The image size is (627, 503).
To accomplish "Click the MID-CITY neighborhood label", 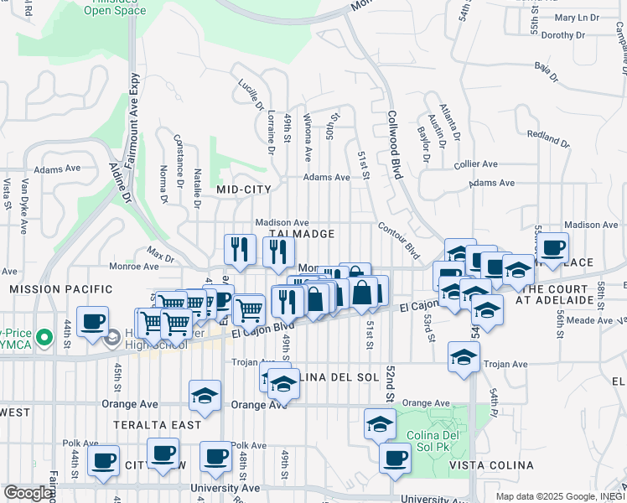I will [244, 189].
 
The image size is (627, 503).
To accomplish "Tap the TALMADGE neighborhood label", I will [303, 234].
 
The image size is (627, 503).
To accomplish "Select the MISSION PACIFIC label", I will [60, 289].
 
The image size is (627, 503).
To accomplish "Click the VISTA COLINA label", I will [491, 465].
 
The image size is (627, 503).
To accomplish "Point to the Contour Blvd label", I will [397, 239].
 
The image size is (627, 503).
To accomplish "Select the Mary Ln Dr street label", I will [578, 17].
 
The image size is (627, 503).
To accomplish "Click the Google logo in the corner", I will [28, 493].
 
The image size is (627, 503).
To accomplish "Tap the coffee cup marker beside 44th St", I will [91, 320].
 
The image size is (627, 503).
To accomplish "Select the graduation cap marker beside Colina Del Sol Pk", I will [380, 423].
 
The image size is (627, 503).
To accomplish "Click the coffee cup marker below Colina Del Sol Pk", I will [394, 459].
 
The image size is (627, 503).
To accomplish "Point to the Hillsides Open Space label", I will [114, 8].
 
